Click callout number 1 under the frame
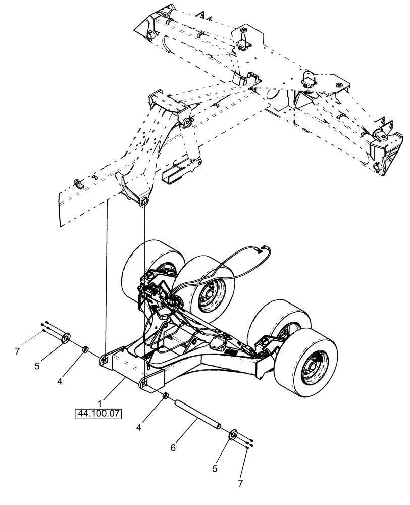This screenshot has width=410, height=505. pyautogui.click(x=100, y=404)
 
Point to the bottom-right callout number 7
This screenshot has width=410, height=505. pyautogui.click(x=240, y=483)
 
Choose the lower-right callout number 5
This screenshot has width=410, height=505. pyautogui.click(x=215, y=469)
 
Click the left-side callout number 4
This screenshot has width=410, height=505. pyautogui.click(x=60, y=382)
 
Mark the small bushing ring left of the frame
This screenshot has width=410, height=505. pyautogui.click(x=86, y=349)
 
